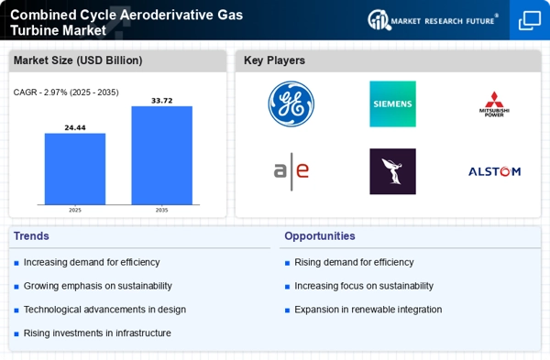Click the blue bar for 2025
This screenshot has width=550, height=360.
click(75, 169)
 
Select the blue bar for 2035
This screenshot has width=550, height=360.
click(161, 156)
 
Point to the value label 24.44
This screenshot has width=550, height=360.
click(75, 127)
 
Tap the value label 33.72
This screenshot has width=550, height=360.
click(161, 101)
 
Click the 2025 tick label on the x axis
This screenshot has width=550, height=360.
click(75, 210)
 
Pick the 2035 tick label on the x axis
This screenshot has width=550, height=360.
click(161, 210)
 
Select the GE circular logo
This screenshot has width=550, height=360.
click(291, 104)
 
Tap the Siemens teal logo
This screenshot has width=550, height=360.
click(393, 104)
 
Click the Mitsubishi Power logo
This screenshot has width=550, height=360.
click(494, 104)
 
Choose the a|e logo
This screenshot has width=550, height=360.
click(291, 171)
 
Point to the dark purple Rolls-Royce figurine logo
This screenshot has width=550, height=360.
click(393, 171)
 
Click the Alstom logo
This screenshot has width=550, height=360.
click(495, 171)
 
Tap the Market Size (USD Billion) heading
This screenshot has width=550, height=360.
click(78, 60)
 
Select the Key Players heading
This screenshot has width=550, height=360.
click(274, 60)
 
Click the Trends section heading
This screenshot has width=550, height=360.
click(31, 236)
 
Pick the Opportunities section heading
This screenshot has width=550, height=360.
click(320, 236)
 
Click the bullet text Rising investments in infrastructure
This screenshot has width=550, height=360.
click(97, 333)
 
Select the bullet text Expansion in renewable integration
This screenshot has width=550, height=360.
click(368, 310)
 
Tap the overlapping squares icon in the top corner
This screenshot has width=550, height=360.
click(530, 20)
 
